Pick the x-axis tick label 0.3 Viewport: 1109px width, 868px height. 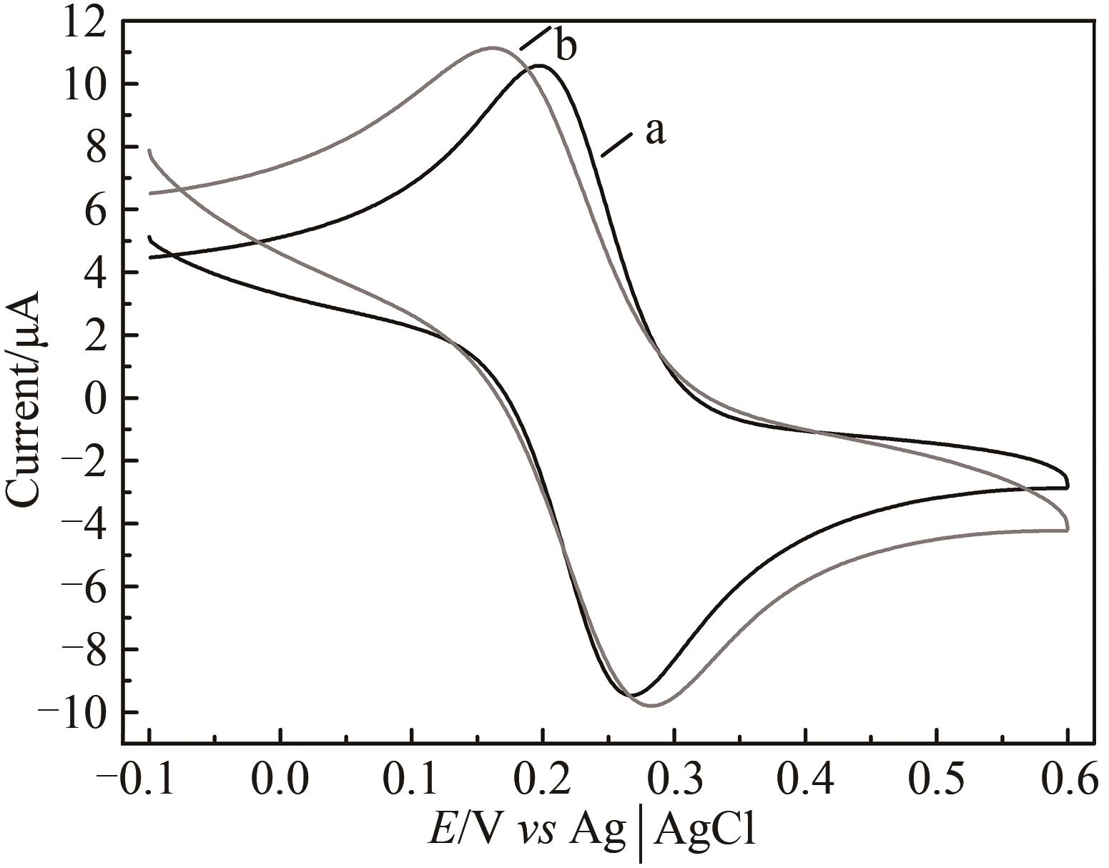coord(674,781)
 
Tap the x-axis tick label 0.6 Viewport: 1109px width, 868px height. coord(1068,781)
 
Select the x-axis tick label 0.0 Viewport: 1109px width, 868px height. coord(280,781)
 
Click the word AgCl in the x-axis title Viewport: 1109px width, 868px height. coord(704,831)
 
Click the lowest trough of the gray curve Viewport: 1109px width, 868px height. coord(652,706)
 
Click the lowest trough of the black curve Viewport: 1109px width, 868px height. coord(632,694)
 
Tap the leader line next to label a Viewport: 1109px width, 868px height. coord(617,144)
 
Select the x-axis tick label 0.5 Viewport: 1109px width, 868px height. coord(937,781)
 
